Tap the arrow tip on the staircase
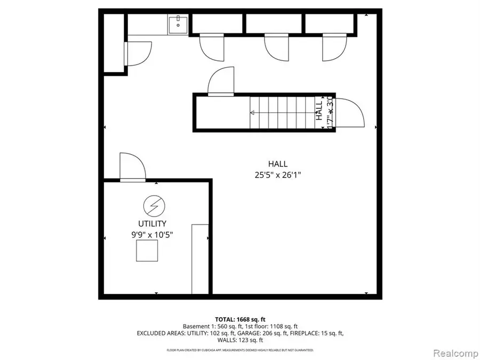pos(252,113)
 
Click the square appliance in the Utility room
pos(147,251)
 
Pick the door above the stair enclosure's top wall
pos(220,82)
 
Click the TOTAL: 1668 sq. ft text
pos(239,318)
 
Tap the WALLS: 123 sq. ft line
pos(239,340)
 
